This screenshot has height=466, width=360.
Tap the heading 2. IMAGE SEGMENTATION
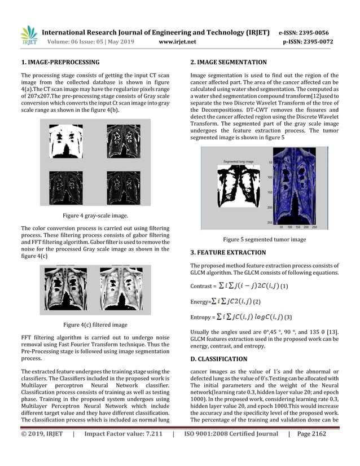[x=229, y=62]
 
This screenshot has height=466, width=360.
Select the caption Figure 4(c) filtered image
[x=94, y=324]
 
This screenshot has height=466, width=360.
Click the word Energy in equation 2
[x=200, y=302]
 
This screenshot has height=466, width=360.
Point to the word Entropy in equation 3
[x=203, y=318]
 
